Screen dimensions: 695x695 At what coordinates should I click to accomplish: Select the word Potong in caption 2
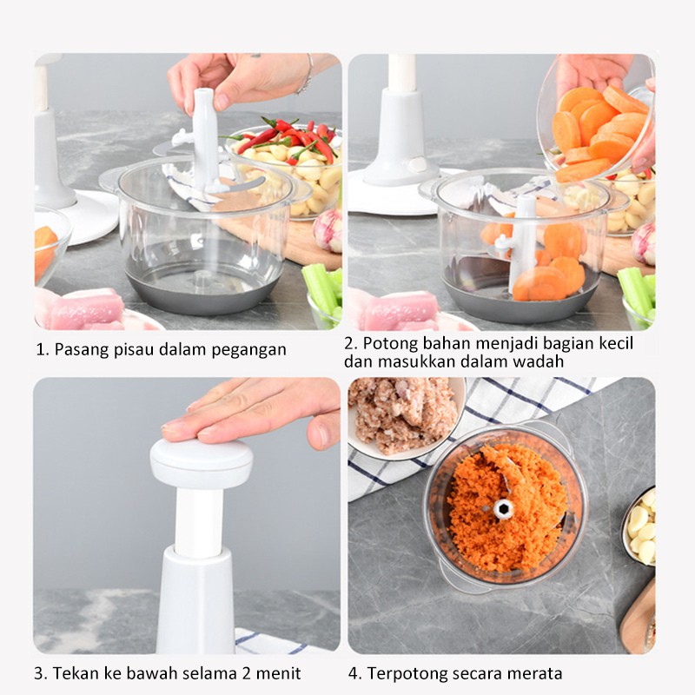pos(388,343)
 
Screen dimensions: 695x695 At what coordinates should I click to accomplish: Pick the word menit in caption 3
pos(278,674)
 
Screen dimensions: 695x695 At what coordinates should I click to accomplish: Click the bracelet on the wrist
pos(306,76)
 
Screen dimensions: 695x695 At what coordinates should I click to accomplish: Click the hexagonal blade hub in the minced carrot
pos(504,508)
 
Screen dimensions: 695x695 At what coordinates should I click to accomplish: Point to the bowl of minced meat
pos(406,418)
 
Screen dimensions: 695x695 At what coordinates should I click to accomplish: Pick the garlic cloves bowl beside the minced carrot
pos(639,527)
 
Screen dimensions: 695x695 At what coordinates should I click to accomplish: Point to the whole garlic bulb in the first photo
pos(328,229)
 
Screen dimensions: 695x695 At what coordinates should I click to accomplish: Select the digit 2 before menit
pos(247,674)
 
